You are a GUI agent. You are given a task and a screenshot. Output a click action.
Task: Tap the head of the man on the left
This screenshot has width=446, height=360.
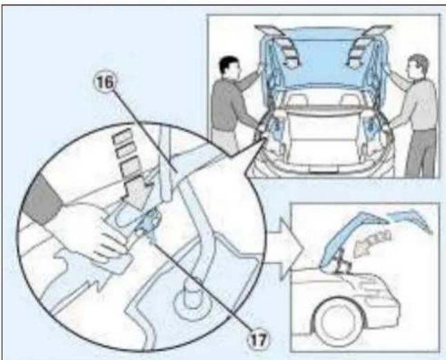[x=226, y=69]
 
